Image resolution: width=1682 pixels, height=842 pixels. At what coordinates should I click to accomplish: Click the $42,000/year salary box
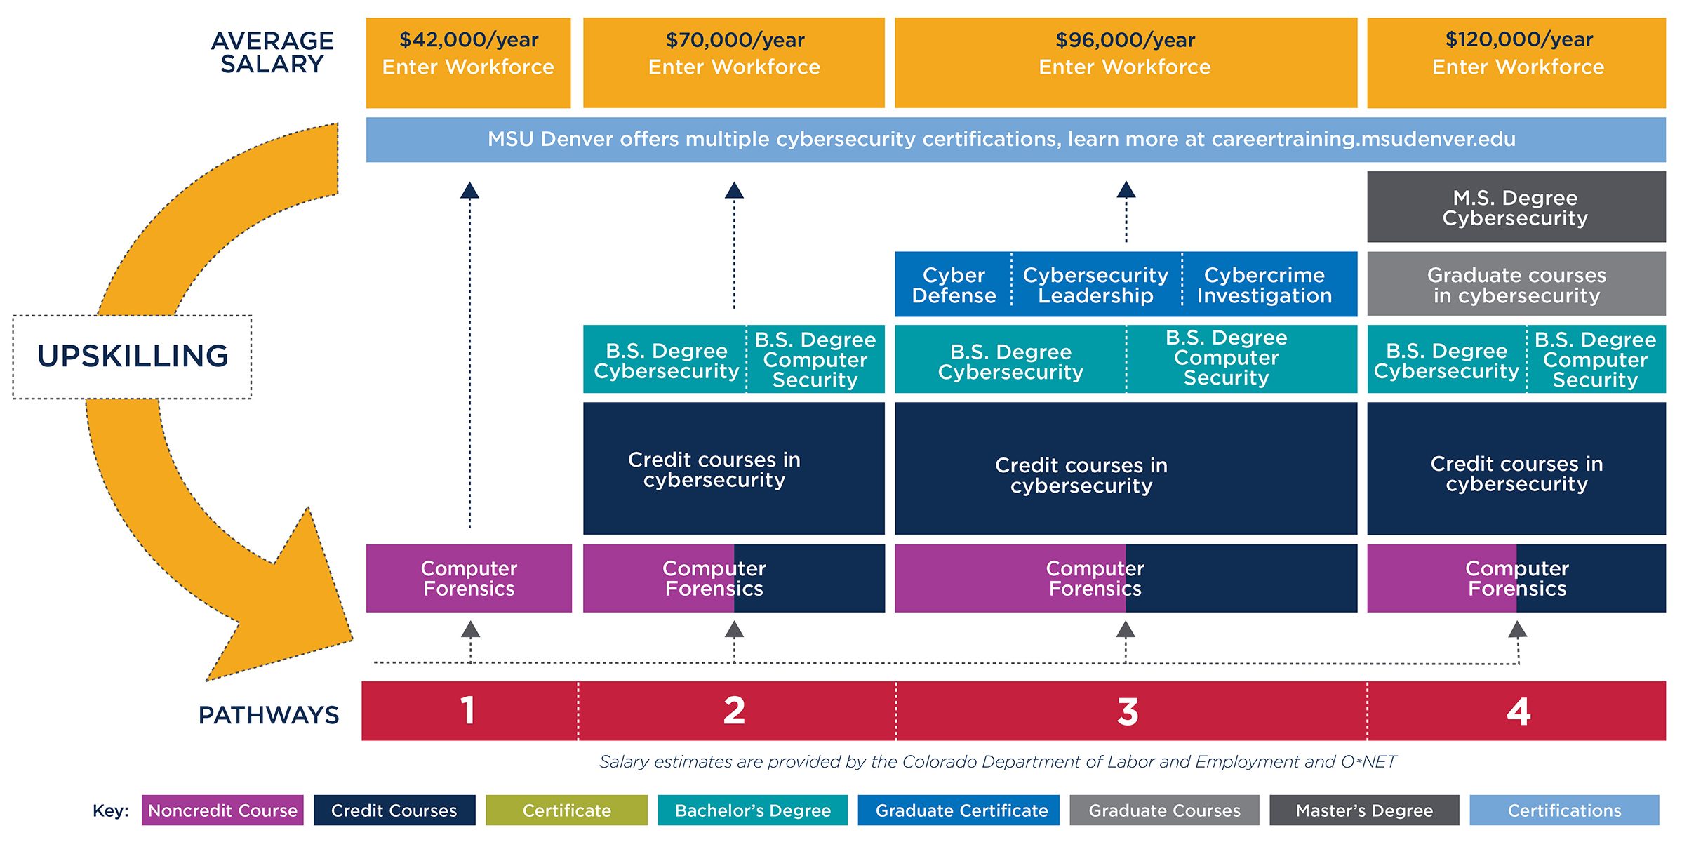(468, 62)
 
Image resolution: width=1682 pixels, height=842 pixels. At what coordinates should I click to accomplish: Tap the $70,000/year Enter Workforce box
(733, 62)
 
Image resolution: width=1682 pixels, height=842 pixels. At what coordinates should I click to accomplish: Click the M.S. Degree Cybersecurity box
(1516, 207)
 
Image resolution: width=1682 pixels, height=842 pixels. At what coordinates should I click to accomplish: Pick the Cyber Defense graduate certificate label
(953, 285)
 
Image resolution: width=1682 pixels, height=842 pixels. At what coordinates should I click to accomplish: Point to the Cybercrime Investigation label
(1264, 285)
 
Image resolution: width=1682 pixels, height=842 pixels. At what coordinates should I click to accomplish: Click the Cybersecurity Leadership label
(1095, 285)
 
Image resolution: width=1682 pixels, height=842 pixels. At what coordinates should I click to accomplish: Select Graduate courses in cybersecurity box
(1516, 284)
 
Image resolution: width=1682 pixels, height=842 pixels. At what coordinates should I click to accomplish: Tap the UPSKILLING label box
(132, 356)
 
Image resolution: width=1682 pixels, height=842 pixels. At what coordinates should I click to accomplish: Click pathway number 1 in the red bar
(467, 711)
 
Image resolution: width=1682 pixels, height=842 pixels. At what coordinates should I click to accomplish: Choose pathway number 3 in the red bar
(1127, 711)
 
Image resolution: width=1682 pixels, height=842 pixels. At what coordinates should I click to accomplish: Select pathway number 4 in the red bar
(1518, 711)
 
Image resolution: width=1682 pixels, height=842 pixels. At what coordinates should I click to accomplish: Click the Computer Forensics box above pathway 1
(469, 578)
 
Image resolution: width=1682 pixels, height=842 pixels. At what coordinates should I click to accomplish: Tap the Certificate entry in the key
(566, 810)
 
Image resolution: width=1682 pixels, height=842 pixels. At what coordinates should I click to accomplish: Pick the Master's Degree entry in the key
(1363, 810)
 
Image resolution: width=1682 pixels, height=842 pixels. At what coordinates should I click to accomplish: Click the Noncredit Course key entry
(222, 810)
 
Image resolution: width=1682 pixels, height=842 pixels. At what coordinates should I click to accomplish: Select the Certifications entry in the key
(1564, 810)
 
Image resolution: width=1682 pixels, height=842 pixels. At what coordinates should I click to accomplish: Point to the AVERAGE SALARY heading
(272, 52)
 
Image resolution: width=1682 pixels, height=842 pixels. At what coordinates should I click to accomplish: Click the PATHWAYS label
(269, 715)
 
